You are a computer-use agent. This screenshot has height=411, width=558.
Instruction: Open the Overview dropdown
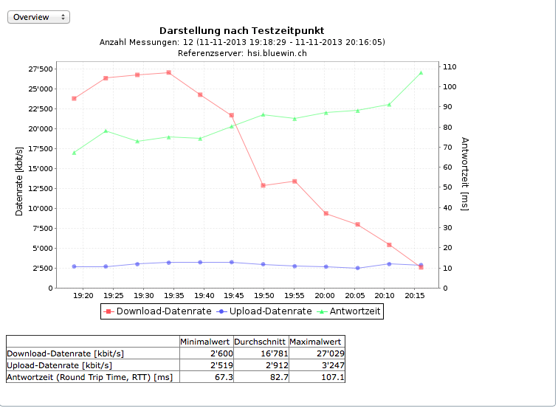pos(38,17)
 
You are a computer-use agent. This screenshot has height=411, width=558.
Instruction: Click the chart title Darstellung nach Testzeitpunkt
pos(241,30)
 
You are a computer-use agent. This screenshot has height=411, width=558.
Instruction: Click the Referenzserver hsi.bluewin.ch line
pos(242,53)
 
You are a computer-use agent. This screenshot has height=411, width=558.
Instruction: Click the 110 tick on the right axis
pos(450,67)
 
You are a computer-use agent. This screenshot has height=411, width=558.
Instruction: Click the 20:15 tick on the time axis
pos(416,295)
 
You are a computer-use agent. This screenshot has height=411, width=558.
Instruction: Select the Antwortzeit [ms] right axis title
pos(465,173)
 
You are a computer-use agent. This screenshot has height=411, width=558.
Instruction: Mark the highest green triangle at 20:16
pos(421,73)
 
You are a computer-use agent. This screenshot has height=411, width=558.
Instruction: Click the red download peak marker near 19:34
pos(169,72)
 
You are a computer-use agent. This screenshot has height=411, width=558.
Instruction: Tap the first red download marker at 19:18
pos(74,98)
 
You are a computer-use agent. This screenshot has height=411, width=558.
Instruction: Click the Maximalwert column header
pos(317,342)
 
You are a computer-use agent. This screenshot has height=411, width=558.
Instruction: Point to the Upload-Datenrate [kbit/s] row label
pos(59,365)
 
